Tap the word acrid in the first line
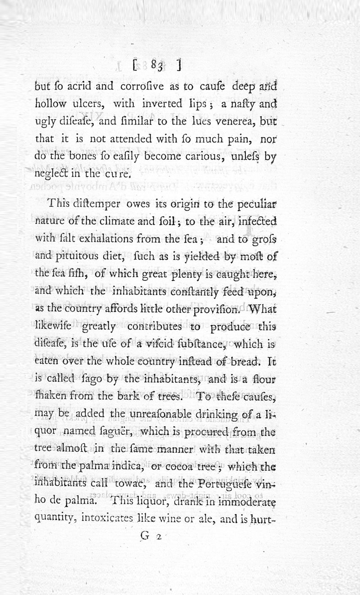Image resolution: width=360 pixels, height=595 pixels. [79, 86]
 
